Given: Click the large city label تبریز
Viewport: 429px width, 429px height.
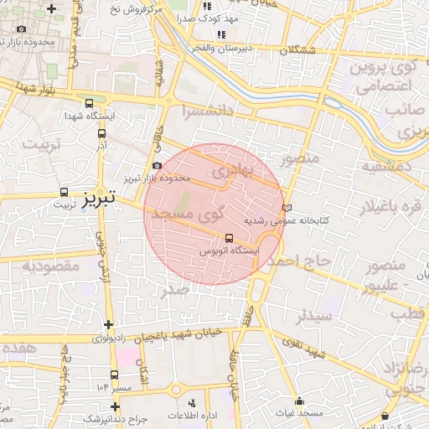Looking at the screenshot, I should coord(100,199).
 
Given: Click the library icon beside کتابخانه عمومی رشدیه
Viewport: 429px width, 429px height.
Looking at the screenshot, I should coord(289,206).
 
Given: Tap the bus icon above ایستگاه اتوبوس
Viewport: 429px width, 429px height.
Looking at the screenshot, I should coord(230,237).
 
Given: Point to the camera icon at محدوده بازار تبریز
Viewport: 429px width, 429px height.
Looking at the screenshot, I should coord(158,166).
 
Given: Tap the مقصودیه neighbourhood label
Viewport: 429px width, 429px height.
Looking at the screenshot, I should coord(50,266).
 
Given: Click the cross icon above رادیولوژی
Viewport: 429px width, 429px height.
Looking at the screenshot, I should coord(108,324).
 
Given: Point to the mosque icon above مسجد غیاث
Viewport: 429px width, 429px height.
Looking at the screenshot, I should coord(301,401).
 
